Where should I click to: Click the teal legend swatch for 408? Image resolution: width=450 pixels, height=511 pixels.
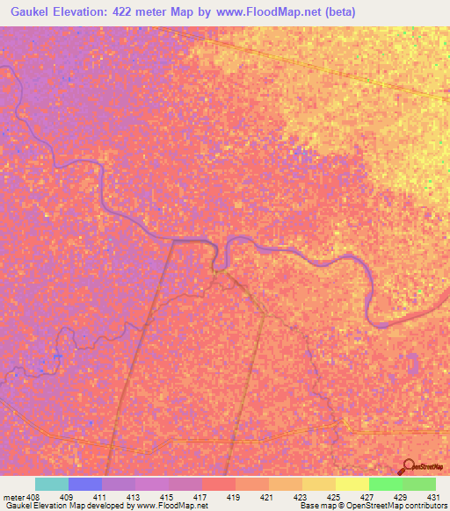52,484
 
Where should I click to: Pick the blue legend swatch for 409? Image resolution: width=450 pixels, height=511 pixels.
85,484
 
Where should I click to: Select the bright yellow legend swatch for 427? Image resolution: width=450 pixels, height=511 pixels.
352,484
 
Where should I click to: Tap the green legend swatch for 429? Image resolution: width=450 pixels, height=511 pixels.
385,484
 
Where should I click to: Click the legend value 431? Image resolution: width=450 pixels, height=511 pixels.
434,497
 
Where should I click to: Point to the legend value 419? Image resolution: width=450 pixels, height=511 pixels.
234,497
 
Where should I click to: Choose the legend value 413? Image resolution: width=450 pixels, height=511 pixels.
134,497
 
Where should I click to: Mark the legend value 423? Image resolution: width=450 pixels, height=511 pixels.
301,497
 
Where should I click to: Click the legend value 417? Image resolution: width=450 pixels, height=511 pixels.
200,497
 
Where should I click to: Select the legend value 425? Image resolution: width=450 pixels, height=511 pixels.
334,497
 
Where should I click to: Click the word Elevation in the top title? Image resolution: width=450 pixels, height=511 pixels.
82,11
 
